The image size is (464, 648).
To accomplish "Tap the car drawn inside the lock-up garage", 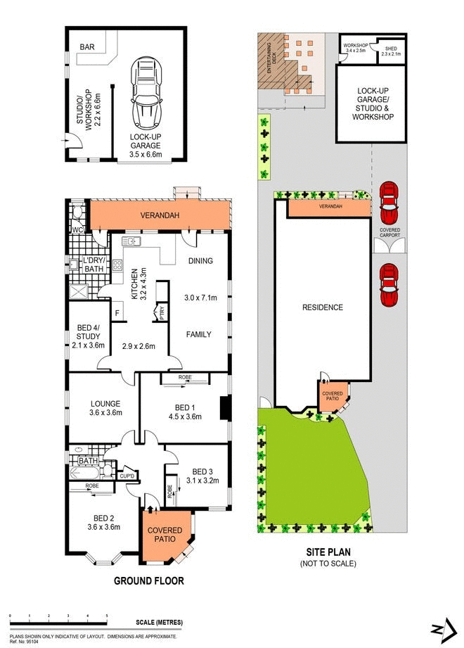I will pos(146,91).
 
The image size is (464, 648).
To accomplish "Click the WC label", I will pos(77,230).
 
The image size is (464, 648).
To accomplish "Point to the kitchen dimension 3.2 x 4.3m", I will pos(143,279).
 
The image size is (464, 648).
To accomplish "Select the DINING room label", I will pos(200,260).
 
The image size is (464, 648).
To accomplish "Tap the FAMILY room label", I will pos(199,335).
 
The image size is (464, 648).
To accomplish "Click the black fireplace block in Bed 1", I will pos(224,409).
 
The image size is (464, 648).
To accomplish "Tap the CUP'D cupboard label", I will pos(127,477).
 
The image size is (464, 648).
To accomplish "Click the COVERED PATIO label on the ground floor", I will pos(165,535).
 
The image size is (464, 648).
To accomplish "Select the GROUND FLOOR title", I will pos(149,581).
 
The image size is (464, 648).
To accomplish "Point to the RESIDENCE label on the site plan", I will pos(323,307).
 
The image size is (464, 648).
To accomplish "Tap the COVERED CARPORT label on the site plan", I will pos(389,233).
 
